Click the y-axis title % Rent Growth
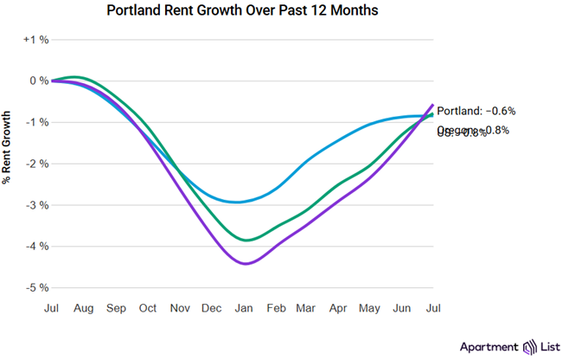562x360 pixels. [x=8, y=148]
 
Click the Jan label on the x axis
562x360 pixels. [x=245, y=308]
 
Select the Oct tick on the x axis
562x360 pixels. [x=149, y=308]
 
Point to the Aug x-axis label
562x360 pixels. [x=84, y=308]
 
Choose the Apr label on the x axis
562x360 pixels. [x=339, y=308]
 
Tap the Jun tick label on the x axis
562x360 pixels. [x=402, y=308]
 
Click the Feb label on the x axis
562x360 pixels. [x=277, y=308]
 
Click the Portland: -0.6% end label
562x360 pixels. [x=476, y=111]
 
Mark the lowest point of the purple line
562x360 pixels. [x=246, y=264]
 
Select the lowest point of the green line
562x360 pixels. [x=246, y=240]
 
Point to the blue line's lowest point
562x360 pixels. [x=242, y=202]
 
